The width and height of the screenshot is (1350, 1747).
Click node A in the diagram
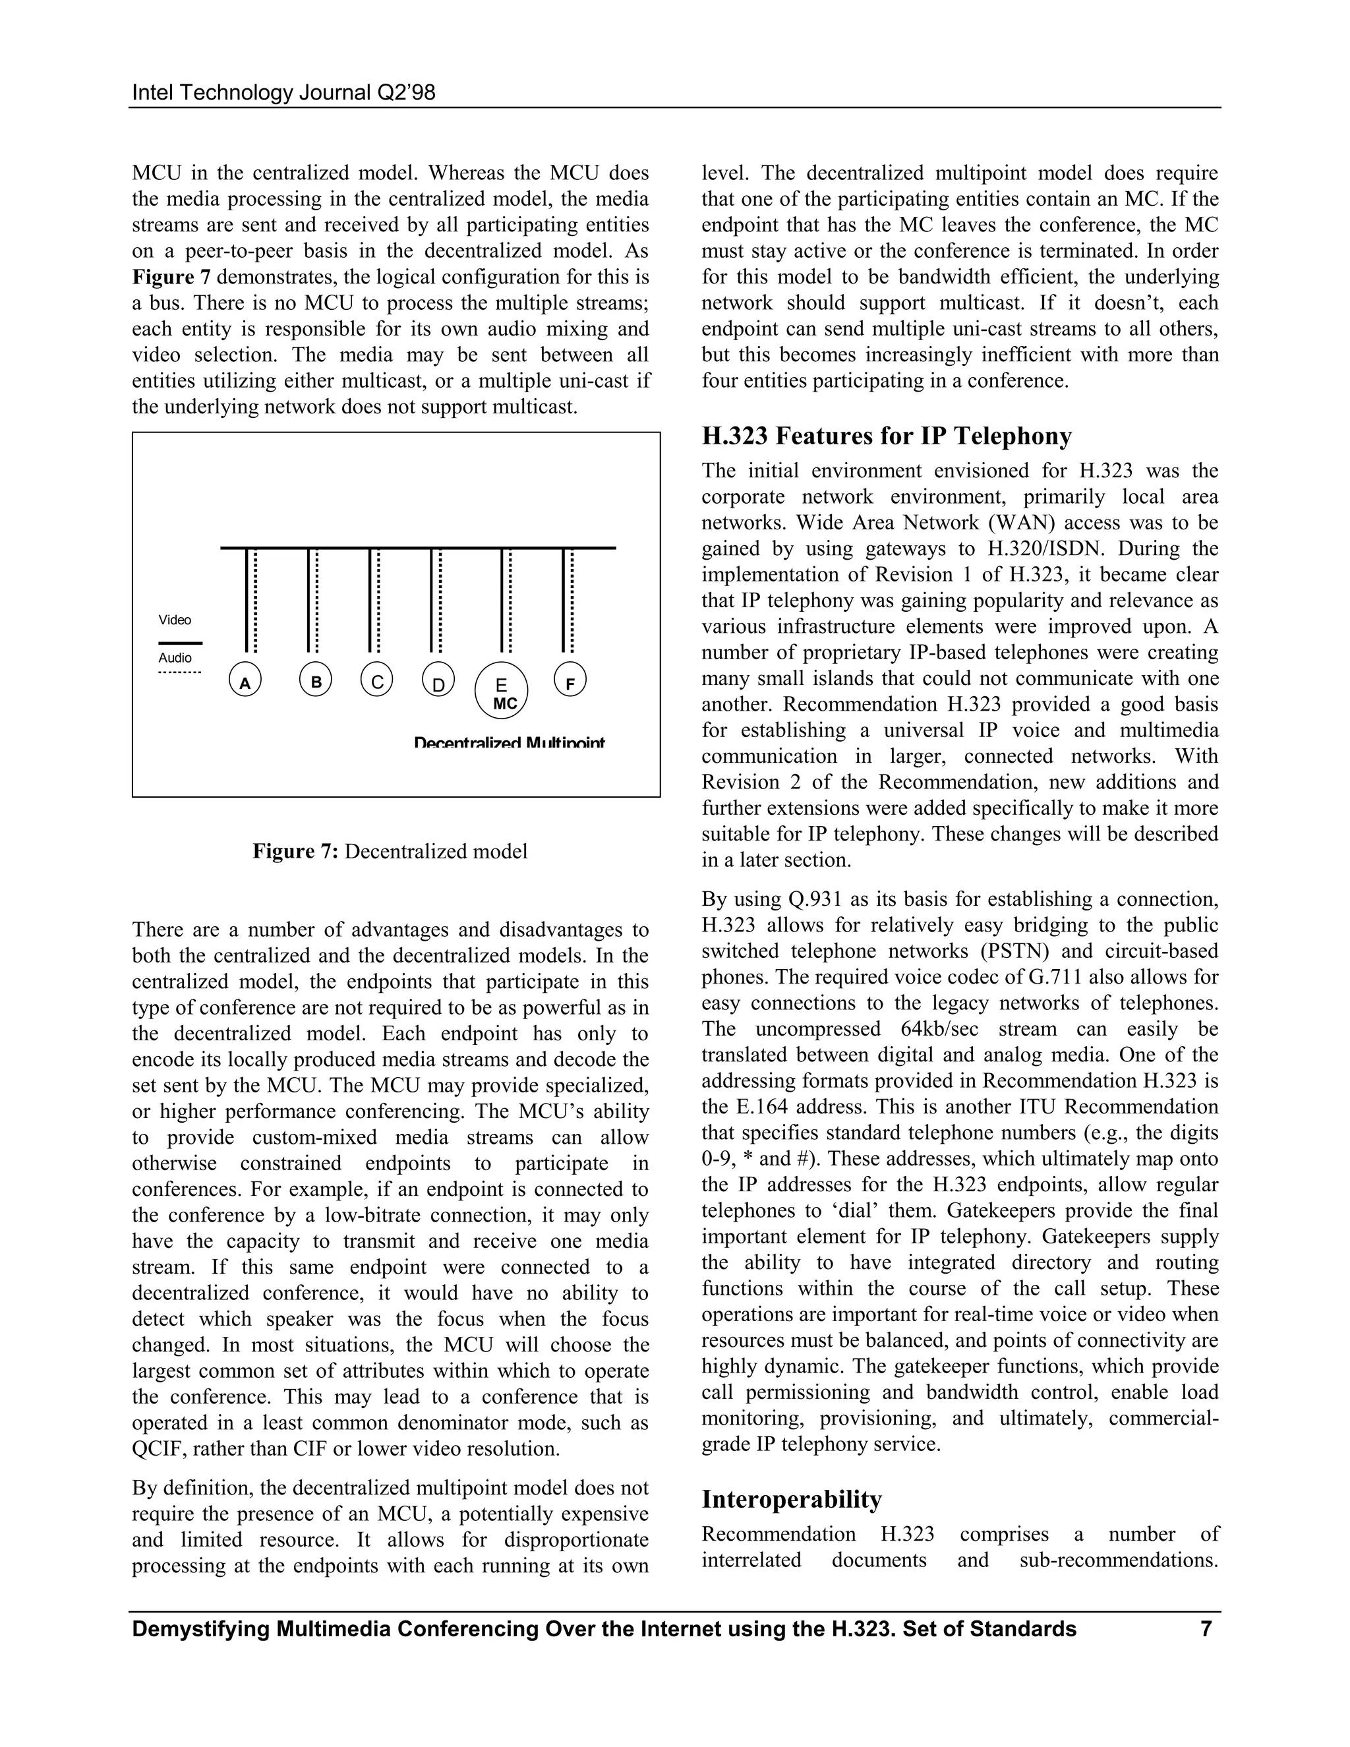point(245,682)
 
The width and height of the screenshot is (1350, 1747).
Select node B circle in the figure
point(316,681)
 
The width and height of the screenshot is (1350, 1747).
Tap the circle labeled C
point(376,681)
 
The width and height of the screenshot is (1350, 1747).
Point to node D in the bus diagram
point(438,682)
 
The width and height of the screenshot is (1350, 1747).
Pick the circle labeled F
point(570,682)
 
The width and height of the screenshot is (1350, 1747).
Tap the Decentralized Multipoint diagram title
point(509,743)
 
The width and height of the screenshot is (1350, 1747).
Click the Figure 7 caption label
point(296,851)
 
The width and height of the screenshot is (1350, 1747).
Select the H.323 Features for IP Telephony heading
point(886,436)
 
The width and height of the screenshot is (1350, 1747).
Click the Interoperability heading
point(791,1498)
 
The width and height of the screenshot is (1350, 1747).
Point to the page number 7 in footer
point(1206,1628)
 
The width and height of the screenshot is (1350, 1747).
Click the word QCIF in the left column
point(158,1448)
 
